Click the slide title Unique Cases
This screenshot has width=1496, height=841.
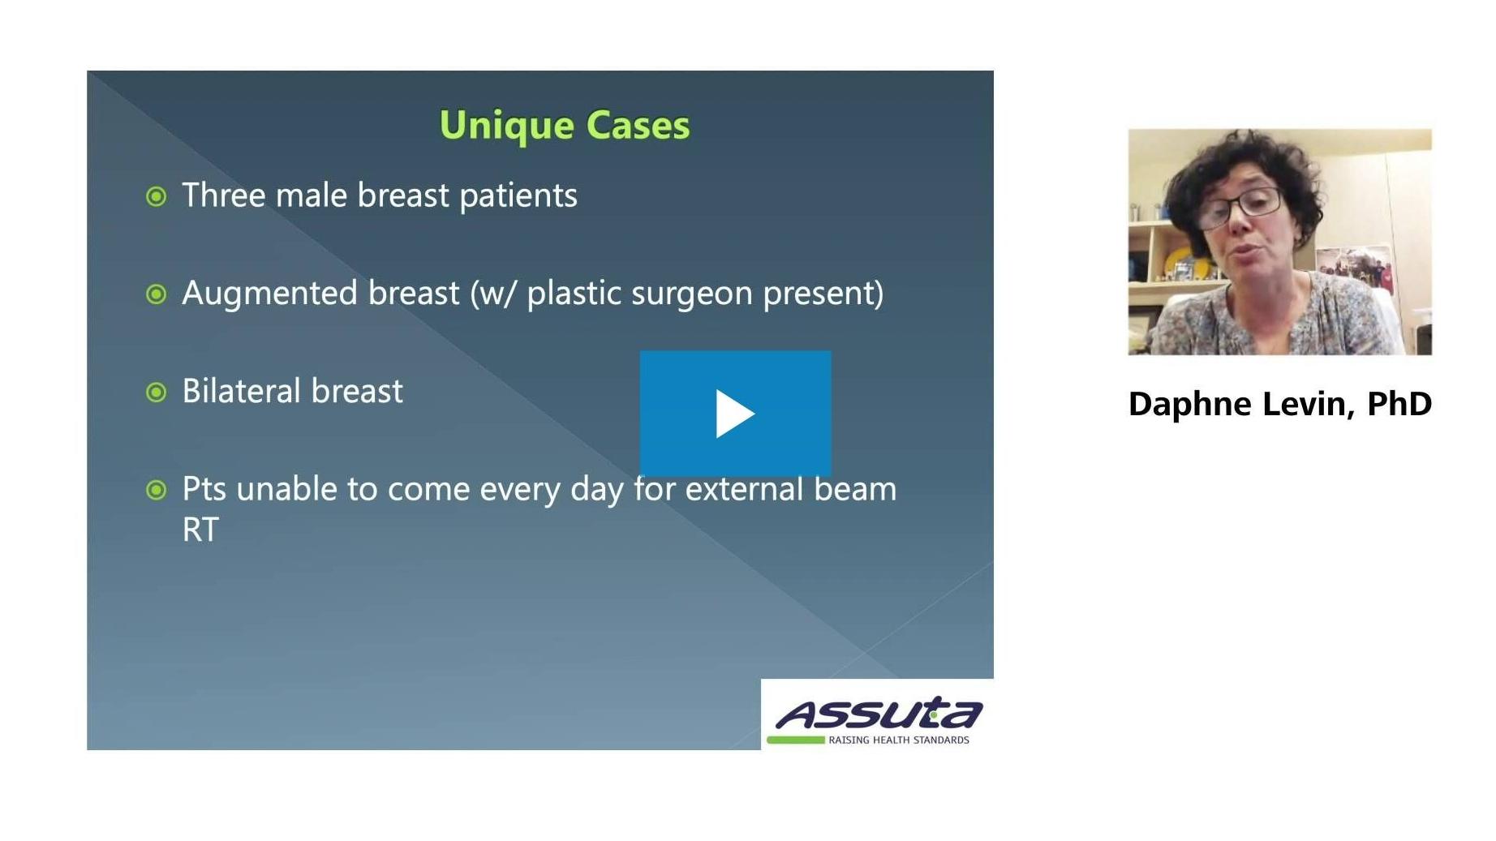(565, 125)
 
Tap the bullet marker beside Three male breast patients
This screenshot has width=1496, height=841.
(157, 196)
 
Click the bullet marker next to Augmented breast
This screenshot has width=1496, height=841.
(157, 294)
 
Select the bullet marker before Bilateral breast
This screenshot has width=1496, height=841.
(157, 393)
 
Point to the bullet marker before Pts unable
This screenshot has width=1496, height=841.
(157, 490)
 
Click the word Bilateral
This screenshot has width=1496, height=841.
(242, 391)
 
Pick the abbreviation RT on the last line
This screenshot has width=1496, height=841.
(200, 530)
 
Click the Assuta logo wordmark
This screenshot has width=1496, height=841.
(879, 714)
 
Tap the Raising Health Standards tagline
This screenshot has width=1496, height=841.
(899, 740)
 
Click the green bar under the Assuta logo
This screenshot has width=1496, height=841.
(795, 740)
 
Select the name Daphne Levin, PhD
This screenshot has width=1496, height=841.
(1280, 404)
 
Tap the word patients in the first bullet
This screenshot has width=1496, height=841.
(518, 196)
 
